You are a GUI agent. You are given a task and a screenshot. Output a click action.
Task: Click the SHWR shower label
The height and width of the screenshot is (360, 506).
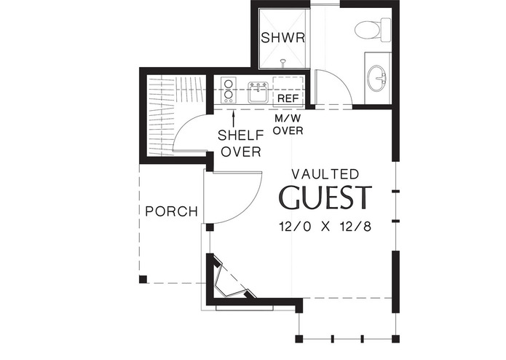(x=282, y=38)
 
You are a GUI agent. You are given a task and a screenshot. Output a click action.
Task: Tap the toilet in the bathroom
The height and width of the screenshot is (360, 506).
(x=368, y=30)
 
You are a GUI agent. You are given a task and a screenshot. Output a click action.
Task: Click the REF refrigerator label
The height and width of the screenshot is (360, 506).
(x=286, y=98)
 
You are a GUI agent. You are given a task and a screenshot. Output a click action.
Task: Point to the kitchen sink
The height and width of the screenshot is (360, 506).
(x=258, y=92)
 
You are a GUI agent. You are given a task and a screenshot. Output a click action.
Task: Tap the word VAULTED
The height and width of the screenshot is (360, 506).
(x=325, y=174)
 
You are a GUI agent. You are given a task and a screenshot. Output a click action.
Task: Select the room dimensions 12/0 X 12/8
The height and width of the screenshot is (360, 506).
(x=325, y=227)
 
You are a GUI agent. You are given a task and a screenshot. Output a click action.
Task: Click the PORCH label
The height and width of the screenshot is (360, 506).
(x=172, y=212)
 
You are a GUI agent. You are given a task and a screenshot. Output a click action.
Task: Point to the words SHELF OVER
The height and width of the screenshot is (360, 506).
(x=241, y=144)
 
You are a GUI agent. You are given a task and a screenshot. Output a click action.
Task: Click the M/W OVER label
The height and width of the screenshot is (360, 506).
(x=288, y=124)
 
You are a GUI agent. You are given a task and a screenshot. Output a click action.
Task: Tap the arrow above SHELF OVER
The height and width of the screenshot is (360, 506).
(x=234, y=114)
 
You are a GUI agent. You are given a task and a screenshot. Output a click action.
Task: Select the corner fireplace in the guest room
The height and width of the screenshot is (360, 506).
(x=228, y=280)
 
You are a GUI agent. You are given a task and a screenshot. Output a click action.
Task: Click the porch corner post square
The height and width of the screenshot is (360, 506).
(x=143, y=278)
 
